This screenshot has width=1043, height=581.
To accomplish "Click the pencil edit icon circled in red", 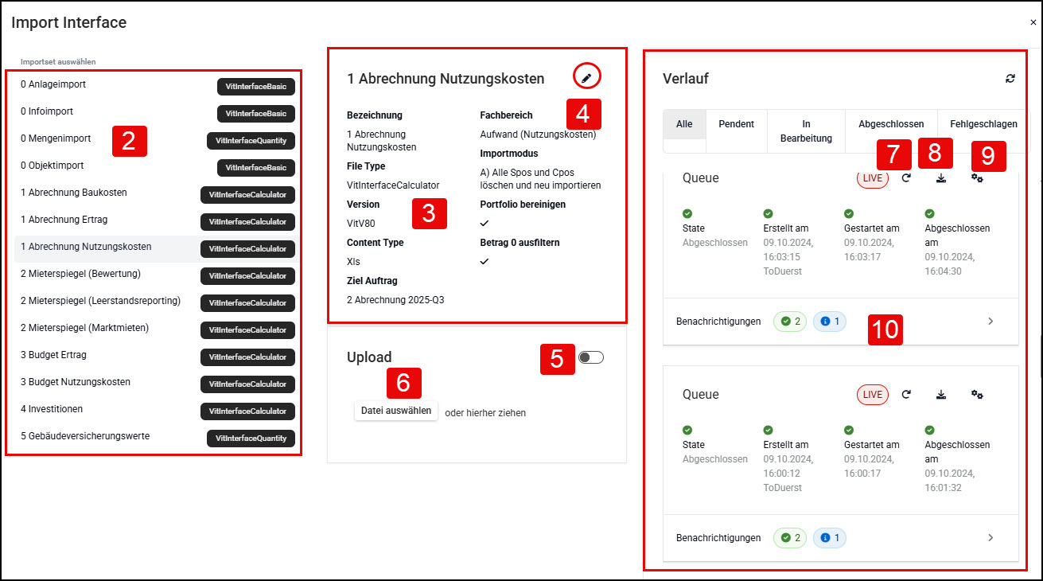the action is [x=586, y=78].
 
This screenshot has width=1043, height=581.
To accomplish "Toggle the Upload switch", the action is [x=591, y=357].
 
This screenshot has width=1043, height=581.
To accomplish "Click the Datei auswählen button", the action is [x=395, y=411].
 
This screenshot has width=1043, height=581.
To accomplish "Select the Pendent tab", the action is [x=736, y=124].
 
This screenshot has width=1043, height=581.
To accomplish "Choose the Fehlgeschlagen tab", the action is [x=983, y=124].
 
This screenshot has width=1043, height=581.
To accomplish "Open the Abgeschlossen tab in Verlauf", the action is [x=891, y=124].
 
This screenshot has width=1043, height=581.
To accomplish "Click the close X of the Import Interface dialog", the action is [x=1033, y=22].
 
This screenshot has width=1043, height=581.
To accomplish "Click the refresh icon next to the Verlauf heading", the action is [x=1010, y=78].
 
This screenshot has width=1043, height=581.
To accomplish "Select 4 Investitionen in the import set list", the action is [x=52, y=409].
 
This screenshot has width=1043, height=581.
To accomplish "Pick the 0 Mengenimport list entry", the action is [x=56, y=138].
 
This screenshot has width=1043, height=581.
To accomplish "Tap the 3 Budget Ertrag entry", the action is [x=53, y=355].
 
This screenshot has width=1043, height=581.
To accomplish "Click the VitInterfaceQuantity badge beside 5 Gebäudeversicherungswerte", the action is [x=251, y=438].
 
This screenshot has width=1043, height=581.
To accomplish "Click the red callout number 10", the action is [x=885, y=329].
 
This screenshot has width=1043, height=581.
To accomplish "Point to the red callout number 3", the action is [x=430, y=214].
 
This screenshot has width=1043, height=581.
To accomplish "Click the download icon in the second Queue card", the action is [x=941, y=395].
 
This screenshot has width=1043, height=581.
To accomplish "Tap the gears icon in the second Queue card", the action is [x=977, y=395].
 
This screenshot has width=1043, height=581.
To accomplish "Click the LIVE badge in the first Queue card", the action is [x=873, y=178].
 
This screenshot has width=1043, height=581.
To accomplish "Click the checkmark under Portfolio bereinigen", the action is [x=485, y=223].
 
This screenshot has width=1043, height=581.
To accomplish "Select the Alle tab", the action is [x=684, y=124].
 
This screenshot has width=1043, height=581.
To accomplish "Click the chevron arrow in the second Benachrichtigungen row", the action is [x=990, y=538].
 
